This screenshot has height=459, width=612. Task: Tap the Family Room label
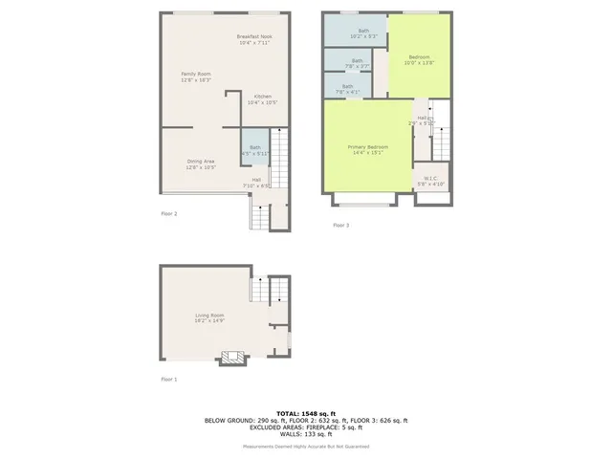coord(196,76)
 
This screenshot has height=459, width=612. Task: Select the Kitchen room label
coord(262,99)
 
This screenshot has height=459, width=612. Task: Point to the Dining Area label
coord(201,164)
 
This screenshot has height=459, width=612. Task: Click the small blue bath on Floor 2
coord(255,149)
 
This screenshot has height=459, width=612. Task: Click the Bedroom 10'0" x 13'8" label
coord(420,60)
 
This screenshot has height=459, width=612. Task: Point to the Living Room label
coord(210,317)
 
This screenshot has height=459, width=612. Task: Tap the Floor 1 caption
coord(169,380)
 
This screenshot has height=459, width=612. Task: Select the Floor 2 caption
coord(169,213)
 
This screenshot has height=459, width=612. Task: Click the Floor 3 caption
coord(340,225)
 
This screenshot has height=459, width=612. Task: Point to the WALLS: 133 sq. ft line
coord(306,433)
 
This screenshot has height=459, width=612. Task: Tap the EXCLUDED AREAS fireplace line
coord(306,426)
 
